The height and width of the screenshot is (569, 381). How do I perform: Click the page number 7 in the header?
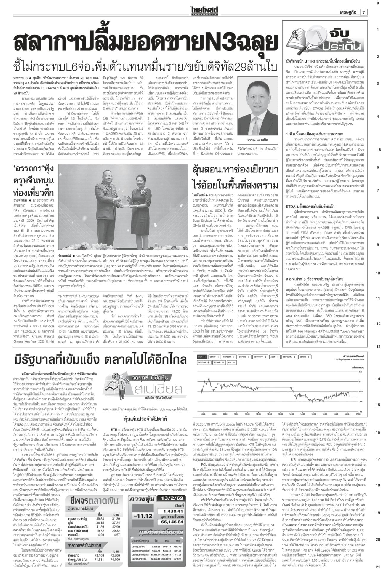pyautogui.click(x=364, y=12)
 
